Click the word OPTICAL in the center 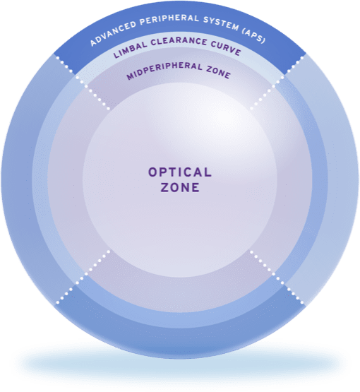click(x=180, y=172)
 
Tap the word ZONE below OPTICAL click(x=180, y=187)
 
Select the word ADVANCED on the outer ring click(x=114, y=33)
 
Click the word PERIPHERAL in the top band click(x=169, y=20)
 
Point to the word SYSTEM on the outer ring click(x=221, y=25)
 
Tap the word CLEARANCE click(x=179, y=42)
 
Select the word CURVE click(x=226, y=48)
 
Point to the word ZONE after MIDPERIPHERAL click(x=218, y=71)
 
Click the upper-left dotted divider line click(x=83, y=83)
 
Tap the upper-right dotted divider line click(x=277, y=83)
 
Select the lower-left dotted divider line click(x=83, y=277)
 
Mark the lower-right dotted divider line click(x=277, y=277)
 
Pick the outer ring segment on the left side click(x=17, y=179)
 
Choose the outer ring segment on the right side click(x=343, y=179)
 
